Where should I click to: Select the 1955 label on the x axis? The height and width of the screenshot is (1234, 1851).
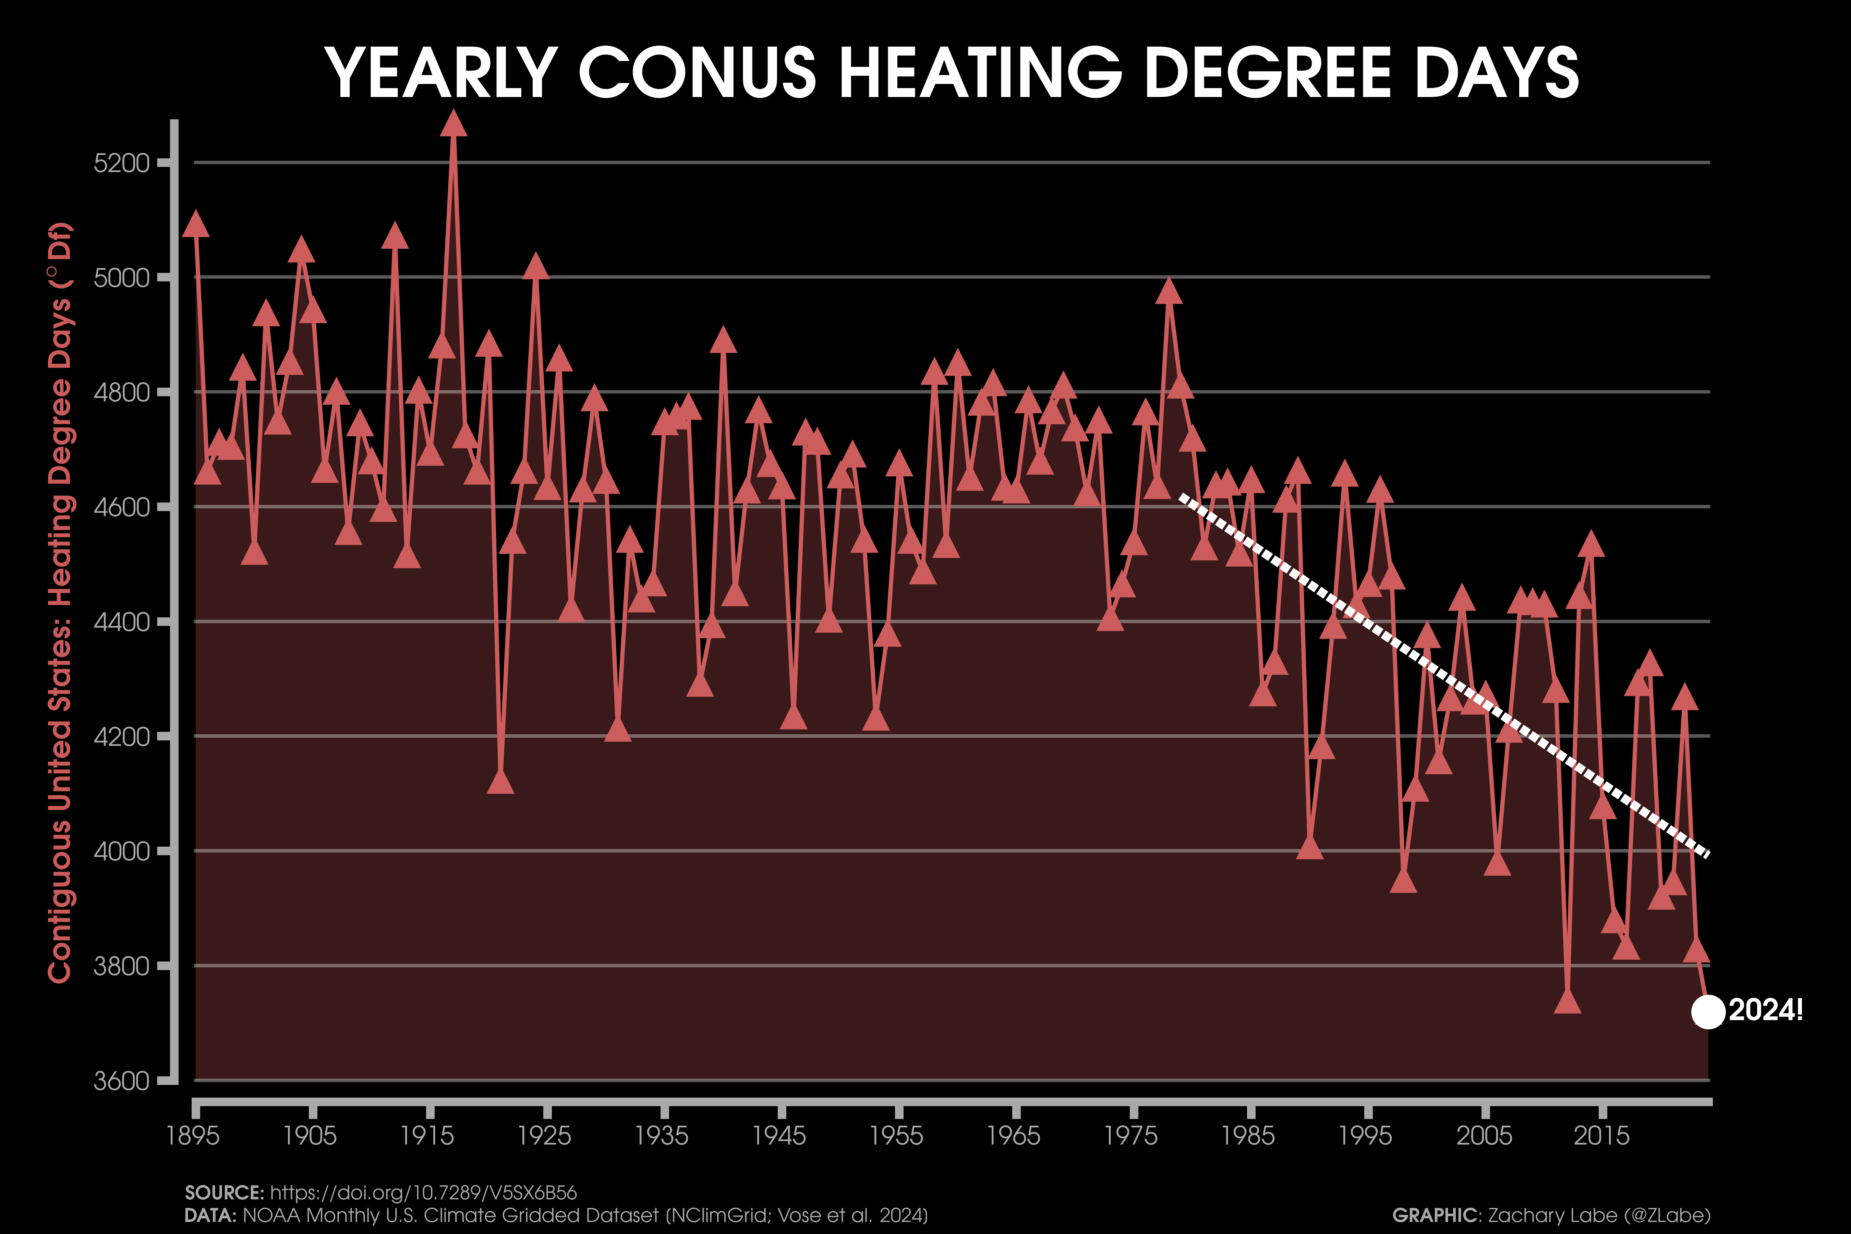coord(897,1136)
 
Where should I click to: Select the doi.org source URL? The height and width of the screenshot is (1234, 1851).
coord(423,1192)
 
